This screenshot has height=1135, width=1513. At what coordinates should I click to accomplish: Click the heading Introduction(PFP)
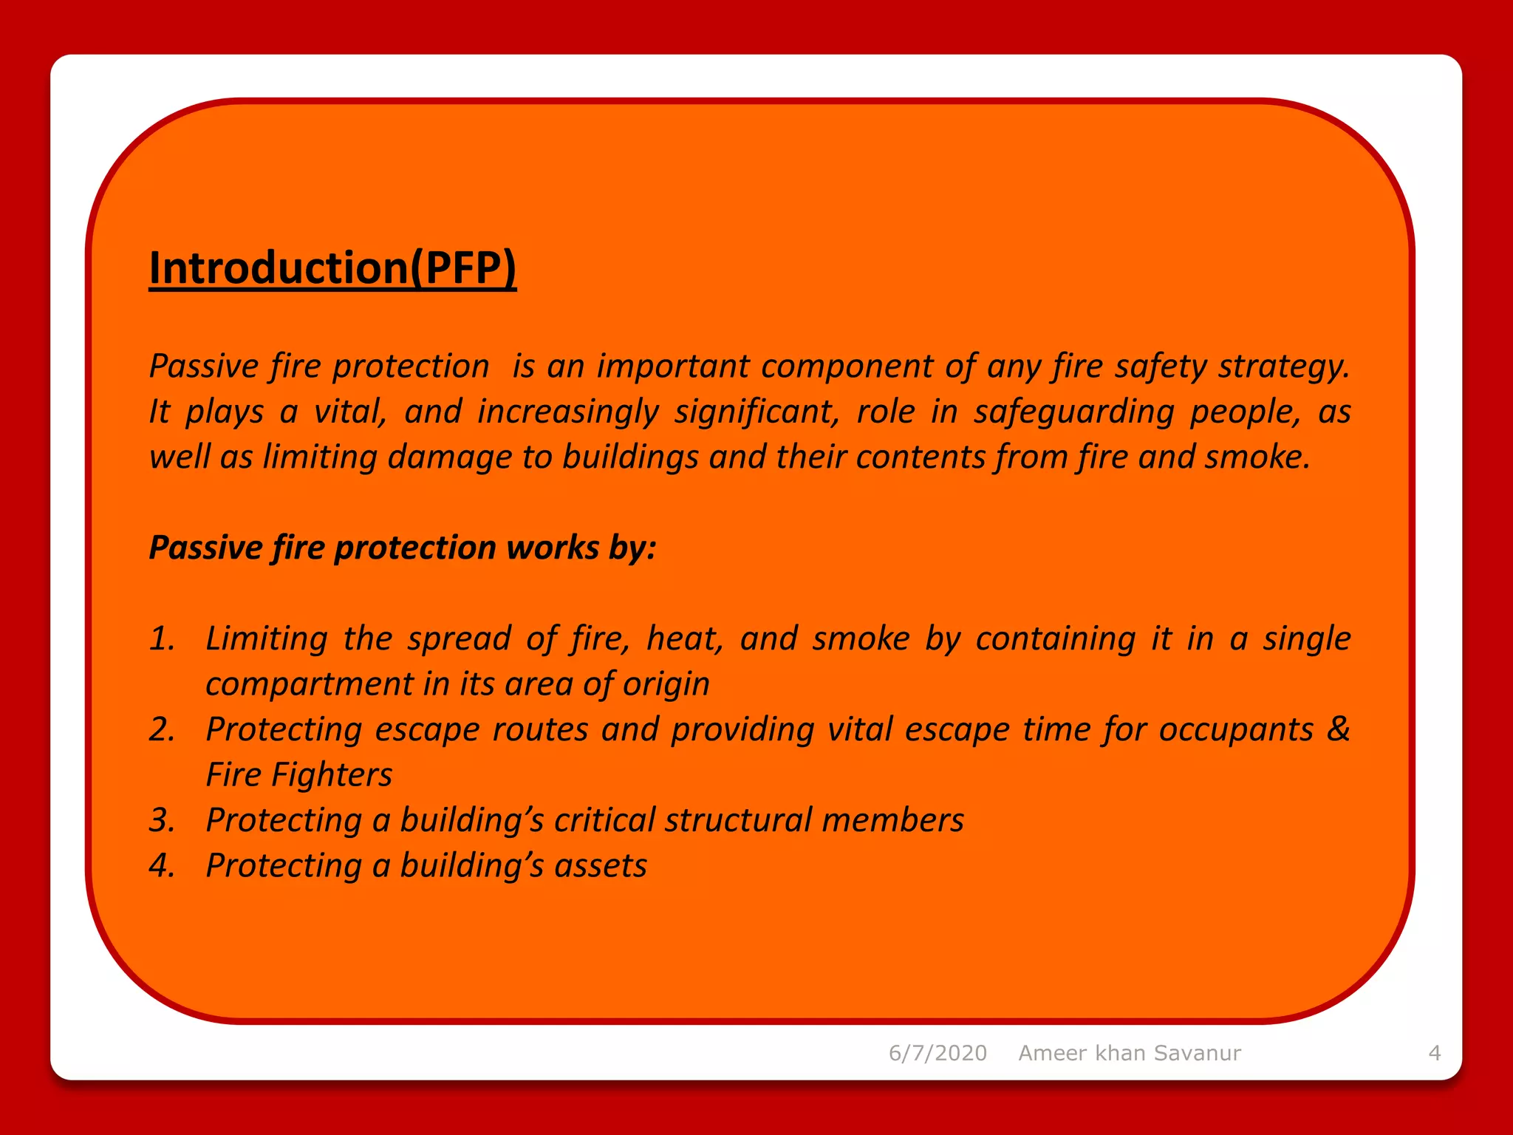click(x=332, y=267)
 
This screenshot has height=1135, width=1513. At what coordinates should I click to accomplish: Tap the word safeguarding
click(x=1073, y=412)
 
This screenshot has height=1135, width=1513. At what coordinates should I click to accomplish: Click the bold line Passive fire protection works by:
click(x=403, y=548)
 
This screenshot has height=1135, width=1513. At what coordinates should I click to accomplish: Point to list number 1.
click(x=162, y=639)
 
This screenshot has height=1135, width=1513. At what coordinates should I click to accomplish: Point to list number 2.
click(x=162, y=730)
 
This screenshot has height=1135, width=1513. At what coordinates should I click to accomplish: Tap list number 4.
click(x=162, y=866)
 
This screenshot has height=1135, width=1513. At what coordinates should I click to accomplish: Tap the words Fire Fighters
click(x=298, y=775)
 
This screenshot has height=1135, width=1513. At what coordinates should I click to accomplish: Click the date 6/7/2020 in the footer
click(x=937, y=1053)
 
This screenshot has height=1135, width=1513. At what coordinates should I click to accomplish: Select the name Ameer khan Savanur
click(x=1130, y=1053)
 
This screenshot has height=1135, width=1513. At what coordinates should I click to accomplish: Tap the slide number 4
click(x=1434, y=1053)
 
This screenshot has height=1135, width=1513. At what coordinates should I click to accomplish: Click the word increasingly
click(x=567, y=412)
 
